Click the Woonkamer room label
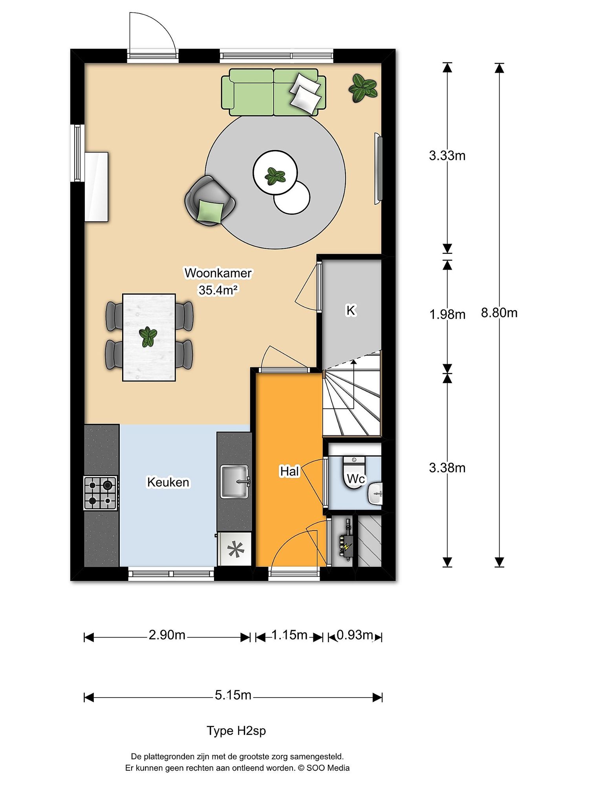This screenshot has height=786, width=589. click(218, 273)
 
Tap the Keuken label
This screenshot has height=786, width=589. click(168, 482)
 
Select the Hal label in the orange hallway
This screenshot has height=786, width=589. click(289, 471)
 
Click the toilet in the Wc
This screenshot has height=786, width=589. click(354, 472)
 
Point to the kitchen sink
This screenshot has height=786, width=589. click(235, 481)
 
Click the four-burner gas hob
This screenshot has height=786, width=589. click(101, 493)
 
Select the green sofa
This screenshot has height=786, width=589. click(274, 92)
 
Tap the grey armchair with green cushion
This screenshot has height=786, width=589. click(210, 201)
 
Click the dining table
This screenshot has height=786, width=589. click(149, 337)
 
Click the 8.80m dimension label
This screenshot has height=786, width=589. click(499, 313)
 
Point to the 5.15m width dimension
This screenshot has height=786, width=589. click(233, 695)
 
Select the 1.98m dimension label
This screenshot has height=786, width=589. click(447, 314)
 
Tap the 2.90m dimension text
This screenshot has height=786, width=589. click(167, 635)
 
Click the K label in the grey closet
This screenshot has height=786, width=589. click(351, 310)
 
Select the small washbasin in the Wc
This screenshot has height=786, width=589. click(375, 494)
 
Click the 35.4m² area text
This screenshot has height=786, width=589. click(218, 290)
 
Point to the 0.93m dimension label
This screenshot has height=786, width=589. click(355, 635)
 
